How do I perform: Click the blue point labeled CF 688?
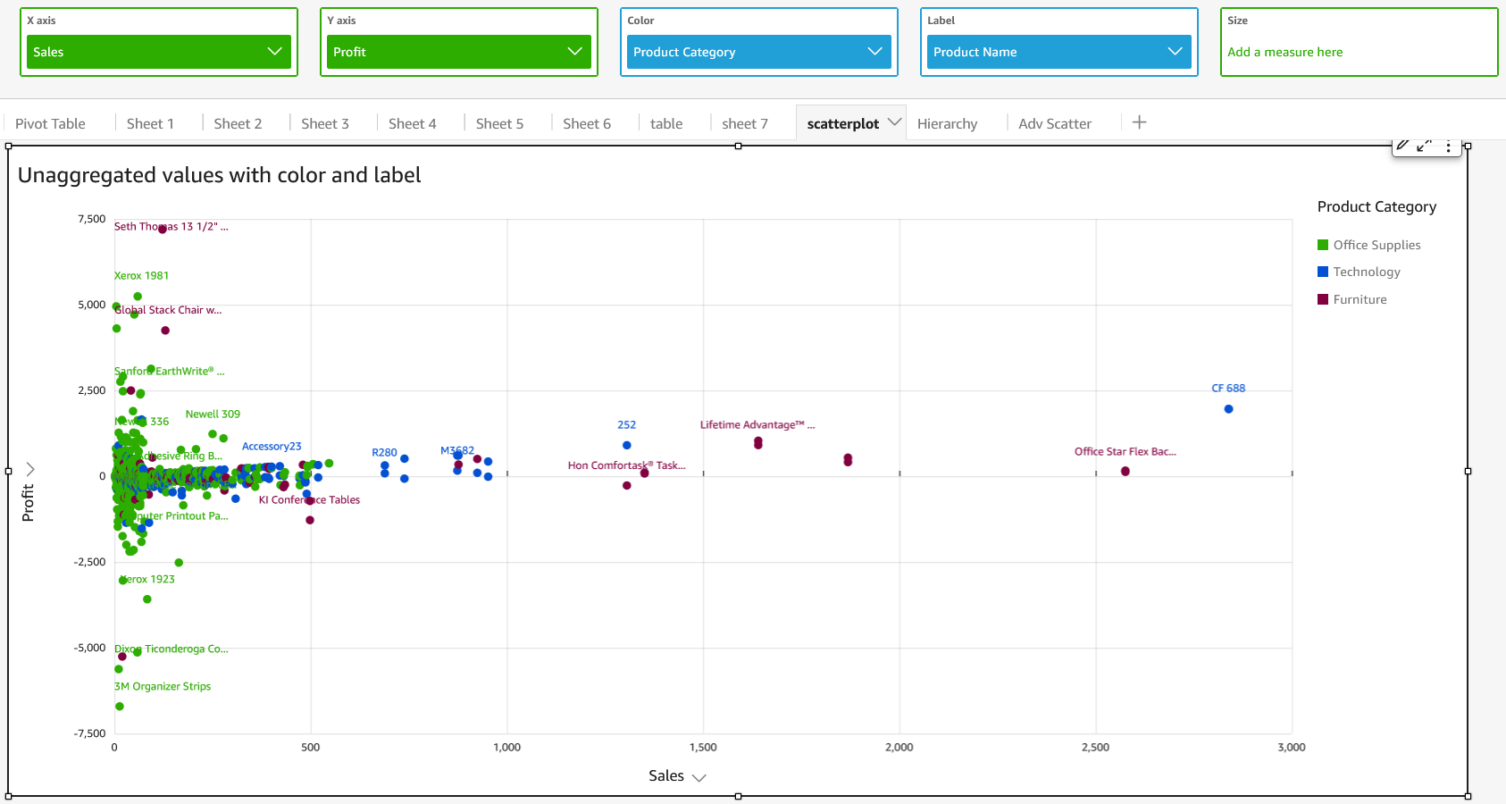[1228, 409]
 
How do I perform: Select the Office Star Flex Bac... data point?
[1125, 471]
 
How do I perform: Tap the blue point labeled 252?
[626, 445]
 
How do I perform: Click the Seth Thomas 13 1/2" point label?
[171, 227]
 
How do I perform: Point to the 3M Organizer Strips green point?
[119, 707]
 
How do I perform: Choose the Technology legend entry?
[1366, 272]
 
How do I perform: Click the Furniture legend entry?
[1359, 299]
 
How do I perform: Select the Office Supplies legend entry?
[1376, 245]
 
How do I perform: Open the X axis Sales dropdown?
[159, 52]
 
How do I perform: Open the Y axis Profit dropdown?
[459, 52]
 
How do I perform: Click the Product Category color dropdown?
[759, 52]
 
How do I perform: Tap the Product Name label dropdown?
[1059, 52]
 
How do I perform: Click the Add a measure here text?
[1284, 52]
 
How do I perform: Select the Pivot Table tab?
[50, 123]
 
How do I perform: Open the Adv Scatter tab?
[1054, 123]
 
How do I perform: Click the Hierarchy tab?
[947, 123]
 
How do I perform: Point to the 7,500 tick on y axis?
[91, 219]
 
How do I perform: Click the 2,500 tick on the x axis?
[1095, 747]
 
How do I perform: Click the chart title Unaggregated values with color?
[219, 175]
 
